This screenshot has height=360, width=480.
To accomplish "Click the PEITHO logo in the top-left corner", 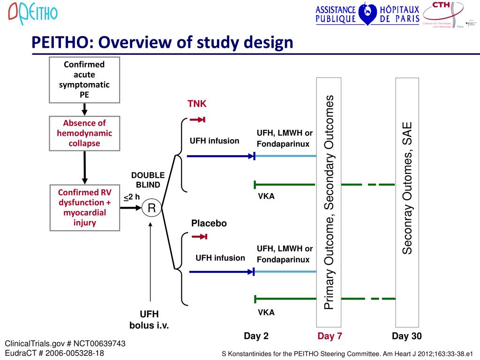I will click(x=33, y=13).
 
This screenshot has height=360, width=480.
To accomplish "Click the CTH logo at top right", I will click(x=443, y=15).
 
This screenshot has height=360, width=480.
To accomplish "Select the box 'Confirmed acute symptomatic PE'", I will click(x=84, y=80).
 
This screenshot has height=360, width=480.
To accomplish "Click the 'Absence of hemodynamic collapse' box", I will click(x=84, y=133).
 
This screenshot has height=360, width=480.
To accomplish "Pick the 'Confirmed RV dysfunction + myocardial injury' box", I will click(x=84, y=207).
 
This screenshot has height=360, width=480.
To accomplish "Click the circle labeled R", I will click(x=152, y=208).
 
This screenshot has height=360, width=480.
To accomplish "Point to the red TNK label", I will click(x=197, y=104).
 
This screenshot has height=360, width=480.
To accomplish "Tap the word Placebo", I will click(x=209, y=224).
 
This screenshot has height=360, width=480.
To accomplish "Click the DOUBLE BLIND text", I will click(x=148, y=180).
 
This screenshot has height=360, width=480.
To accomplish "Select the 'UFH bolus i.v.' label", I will click(x=149, y=319).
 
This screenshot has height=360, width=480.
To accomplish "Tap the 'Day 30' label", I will click(x=407, y=336).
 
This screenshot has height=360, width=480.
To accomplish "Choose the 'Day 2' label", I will click(x=256, y=336).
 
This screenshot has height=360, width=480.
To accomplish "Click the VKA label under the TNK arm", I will click(x=266, y=196).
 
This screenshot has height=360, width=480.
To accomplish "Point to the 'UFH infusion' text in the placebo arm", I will click(x=220, y=258).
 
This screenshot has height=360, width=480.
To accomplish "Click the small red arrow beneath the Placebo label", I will click(x=199, y=237).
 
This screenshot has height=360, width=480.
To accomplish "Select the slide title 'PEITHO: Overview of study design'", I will click(x=162, y=43).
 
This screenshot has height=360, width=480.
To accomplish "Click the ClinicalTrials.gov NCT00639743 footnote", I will click(x=65, y=344).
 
